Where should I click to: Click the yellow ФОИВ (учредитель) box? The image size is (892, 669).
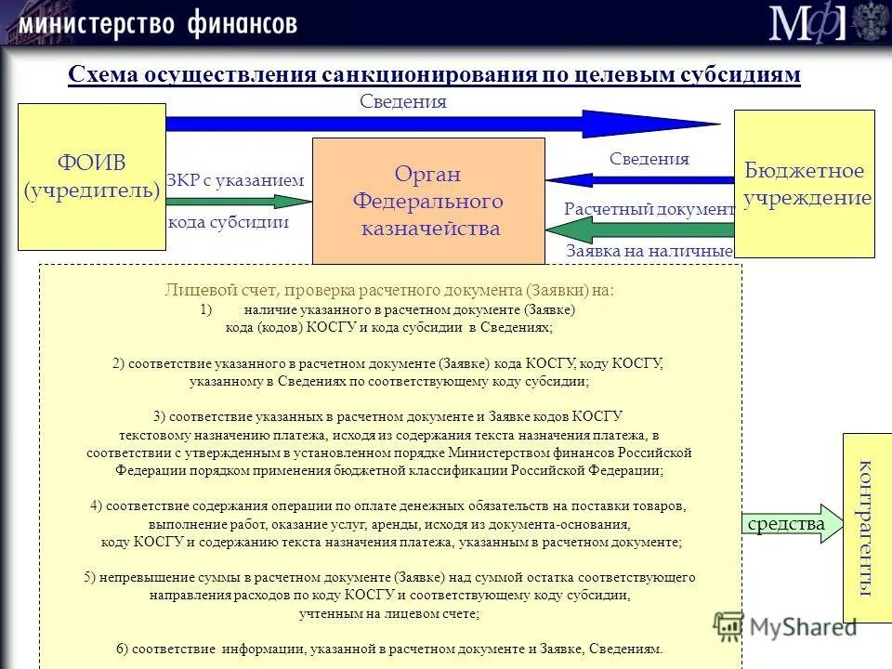pos(91,177)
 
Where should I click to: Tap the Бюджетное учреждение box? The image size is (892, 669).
pos(805,183)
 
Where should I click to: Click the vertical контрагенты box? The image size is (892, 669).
pos(866,527)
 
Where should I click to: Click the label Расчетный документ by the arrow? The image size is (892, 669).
pos(649,209)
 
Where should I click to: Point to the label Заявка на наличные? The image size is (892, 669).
pos(649,251)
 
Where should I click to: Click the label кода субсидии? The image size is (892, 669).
pos(228,222)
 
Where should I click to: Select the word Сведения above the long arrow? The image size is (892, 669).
pos(403,102)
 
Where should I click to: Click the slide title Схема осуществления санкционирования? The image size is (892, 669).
pos(434,75)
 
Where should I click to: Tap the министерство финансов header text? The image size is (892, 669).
pos(157,22)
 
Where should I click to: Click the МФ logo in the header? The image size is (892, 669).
pos(807,22)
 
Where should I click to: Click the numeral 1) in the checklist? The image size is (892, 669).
pos(206,309)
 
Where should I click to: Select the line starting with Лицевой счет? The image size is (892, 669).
pos(389,290)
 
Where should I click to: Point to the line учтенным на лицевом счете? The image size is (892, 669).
pos(389,614)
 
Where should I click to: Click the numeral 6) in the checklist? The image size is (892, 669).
pos(122,649)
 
